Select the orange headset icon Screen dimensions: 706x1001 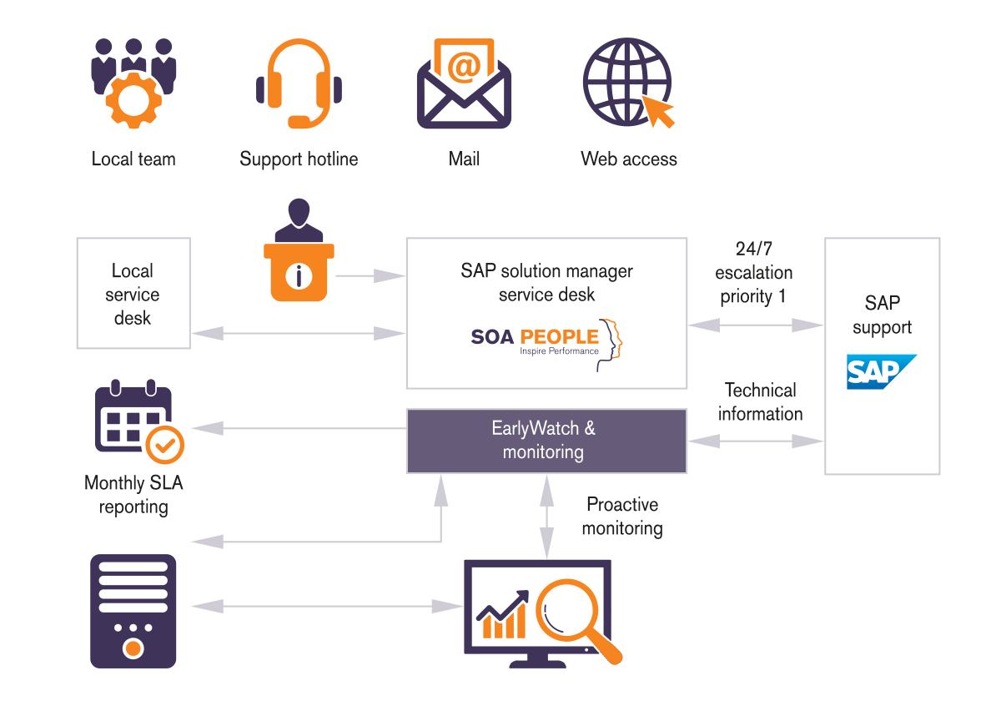(299, 84)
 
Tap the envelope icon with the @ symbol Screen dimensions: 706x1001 (464, 84)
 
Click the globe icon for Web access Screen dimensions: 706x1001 (627, 83)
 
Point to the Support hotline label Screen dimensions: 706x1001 (299, 159)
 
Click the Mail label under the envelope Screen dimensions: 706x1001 (464, 159)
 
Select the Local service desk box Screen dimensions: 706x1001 (133, 293)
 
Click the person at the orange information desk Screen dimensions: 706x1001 (298, 250)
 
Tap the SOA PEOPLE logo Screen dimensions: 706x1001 (546, 342)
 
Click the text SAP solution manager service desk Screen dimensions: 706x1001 (546, 282)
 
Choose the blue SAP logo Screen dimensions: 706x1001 (881, 372)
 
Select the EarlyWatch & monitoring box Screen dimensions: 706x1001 (546, 441)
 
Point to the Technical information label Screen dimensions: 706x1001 (760, 402)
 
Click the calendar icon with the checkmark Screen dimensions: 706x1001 (138, 421)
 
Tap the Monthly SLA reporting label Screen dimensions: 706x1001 (133, 495)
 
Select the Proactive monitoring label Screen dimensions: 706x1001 (622, 517)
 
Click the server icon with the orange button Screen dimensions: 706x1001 (133, 611)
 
